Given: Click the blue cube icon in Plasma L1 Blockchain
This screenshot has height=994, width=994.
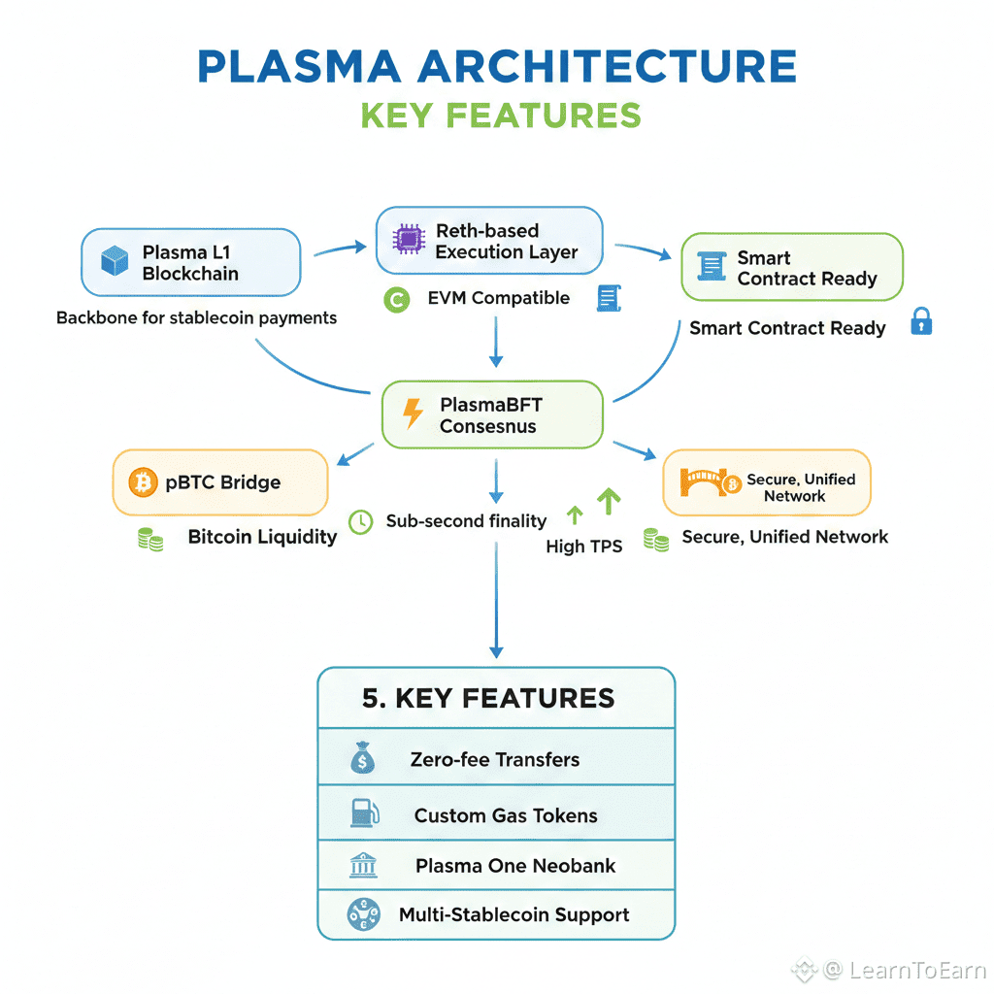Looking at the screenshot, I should pyautogui.click(x=115, y=261).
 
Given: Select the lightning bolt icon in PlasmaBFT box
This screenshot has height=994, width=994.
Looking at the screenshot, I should pyautogui.click(x=414, y=414).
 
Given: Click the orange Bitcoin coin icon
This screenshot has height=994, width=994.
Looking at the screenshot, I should pyautogui.click(x=143, y=481).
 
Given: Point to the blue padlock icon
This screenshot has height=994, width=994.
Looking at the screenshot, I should pyautogui.click(x=921, y=322).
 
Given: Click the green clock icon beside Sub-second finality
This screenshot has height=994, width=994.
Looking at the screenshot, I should pyautogui.click(x=360, y=521).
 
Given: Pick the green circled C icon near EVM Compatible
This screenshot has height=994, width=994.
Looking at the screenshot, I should pyautogui.click(x=396, y=300).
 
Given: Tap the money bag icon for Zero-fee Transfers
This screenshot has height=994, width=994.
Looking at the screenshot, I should pyautogui.click(x=362, y=758).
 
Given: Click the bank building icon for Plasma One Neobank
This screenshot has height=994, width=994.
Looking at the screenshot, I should pyautogui.click(x=363, y=866).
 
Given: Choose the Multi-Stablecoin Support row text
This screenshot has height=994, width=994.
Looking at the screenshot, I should pyautogui.click(x=514, y=914).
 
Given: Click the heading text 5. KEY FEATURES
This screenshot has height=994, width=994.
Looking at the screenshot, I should pyautogui.click(x=488, y=698).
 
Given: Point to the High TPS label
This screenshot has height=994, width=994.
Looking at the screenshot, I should pyautogui.click(x=583, y=547).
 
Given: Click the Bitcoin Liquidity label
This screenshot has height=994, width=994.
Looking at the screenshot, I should pyautogui.click(x=262, y=537).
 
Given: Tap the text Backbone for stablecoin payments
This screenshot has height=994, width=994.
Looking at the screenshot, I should pyautogui.click(x=196, y=317).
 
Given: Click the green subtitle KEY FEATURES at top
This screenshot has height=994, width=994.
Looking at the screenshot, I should pyautogui.click(x=501, y=116).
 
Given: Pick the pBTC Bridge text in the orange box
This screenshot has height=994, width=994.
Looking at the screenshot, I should pyautogui.click(x=222, y=482).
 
